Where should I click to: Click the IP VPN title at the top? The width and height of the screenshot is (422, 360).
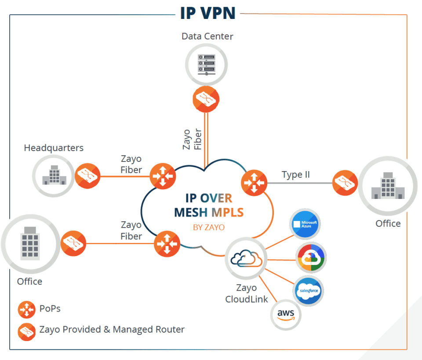[x=207, y=13]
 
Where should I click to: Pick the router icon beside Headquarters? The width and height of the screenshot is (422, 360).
[x=87, y=176]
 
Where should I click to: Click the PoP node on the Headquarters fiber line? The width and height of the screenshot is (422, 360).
[x=163, y=176]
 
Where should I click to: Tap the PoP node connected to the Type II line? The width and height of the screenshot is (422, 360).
[x=254, y=182]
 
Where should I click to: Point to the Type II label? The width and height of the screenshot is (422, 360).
[x=296, y=175]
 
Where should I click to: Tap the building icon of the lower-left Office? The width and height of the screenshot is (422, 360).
[x=30, y=243]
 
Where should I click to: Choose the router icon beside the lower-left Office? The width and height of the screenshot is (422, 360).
[x=73, y=243]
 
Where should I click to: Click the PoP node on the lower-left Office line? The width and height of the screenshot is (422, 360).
[x=167, y=243]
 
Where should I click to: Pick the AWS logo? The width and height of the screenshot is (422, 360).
[x=286, y=314]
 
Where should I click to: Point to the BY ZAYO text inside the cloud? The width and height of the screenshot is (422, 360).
[x=209, y=228]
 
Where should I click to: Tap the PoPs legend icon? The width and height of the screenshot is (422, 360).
[x=26, y=310]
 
